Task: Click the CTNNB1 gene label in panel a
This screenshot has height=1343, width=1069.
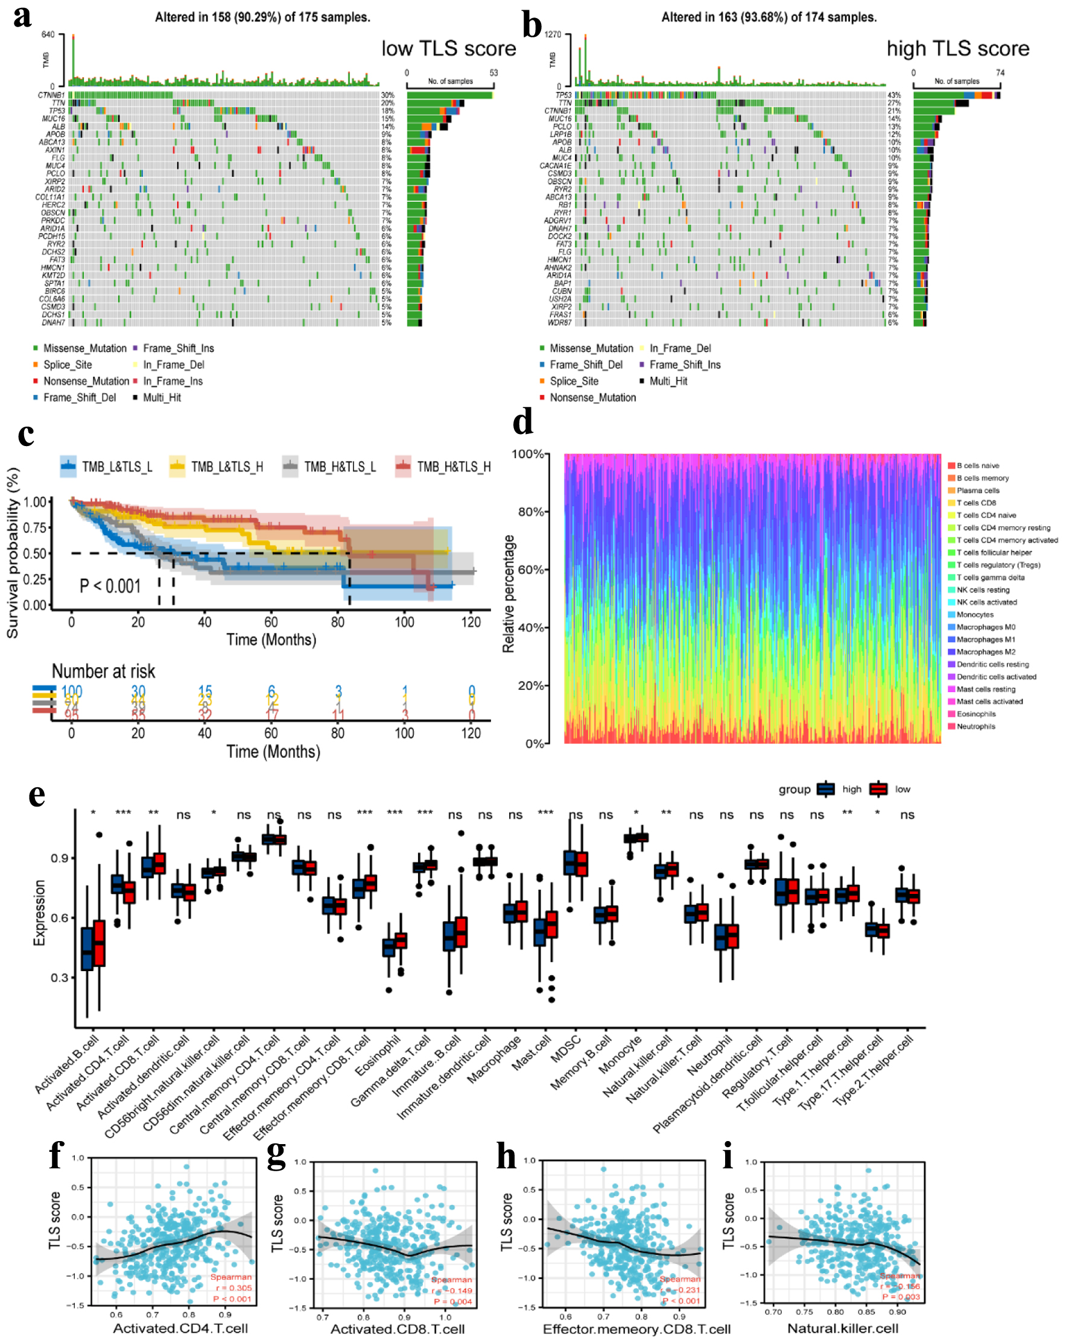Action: pyautogui.click(x=51, y=95)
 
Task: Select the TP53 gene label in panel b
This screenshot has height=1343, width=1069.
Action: pyautogui.click(x=563, y=95)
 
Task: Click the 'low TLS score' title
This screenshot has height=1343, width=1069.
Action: pyautogui.click(x=448, y=49)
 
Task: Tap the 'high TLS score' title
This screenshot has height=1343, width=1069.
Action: pyautogui.click(x=957, y=49)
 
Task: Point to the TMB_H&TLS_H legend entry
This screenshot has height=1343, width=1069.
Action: pyautogui.click(x=444, y=467)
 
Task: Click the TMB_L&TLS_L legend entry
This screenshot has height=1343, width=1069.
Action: pyautogui.click(x=107, y=467)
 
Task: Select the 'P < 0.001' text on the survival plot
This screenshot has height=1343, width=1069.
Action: pyautogui.click(x=110, y=586)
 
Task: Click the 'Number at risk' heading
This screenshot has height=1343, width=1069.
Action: pyautogui.click(x=104, y=671)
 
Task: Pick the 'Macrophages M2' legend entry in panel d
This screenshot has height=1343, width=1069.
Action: pyautogui.click(x=986, y=652)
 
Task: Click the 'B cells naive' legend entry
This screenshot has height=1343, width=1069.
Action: pyautogui.click(x=977, y=465)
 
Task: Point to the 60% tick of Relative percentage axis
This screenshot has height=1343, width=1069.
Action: pyautogui.click(x=531, y=570)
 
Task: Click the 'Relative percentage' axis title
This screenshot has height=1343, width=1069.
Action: pyautogui.click(x=509, y=594)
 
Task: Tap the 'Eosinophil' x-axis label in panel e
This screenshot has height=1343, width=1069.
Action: pyautogui.click(x=378, y=1055)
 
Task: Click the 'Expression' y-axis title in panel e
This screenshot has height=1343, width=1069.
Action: pyautogui.click(x=39, y=913)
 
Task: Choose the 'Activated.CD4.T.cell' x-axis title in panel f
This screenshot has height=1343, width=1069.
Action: pyautogui.click(x=180, y=1328)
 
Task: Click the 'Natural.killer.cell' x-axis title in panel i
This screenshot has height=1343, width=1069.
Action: pyautogui.click(x=843, y=1328)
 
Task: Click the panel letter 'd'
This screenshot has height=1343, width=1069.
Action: pyautogui.click(x=522, y=422)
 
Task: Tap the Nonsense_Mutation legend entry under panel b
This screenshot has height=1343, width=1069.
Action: pyautogui.click(x=592, y=397)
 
